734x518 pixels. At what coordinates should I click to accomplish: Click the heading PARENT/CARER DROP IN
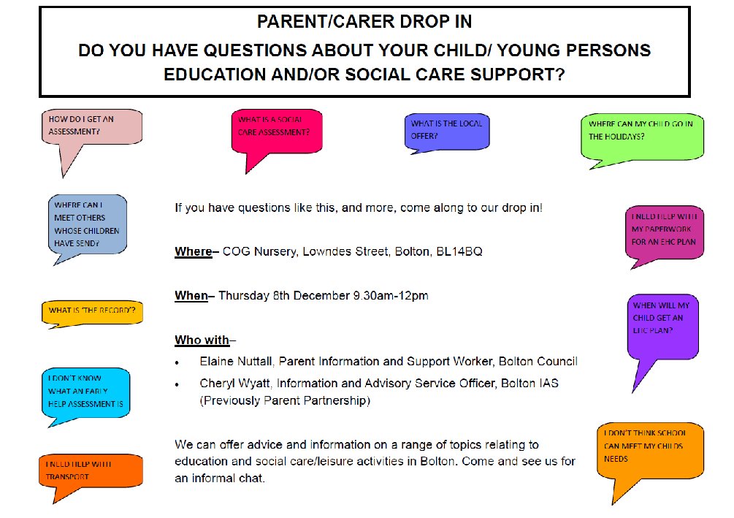pos(364,22)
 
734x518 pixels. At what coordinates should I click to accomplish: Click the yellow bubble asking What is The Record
pos(91,311)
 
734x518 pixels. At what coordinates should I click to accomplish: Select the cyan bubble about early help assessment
pos(85,391)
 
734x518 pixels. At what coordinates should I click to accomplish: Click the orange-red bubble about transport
pos(90,471)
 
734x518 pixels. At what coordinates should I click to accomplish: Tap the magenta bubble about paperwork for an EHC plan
pos(664,230)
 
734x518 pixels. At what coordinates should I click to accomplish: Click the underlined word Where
pos(193,252)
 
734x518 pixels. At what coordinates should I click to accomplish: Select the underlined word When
pos(191,296)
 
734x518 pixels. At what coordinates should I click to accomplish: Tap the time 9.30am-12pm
pos(390,296)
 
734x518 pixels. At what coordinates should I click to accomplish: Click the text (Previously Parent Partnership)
pos(285,401)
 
